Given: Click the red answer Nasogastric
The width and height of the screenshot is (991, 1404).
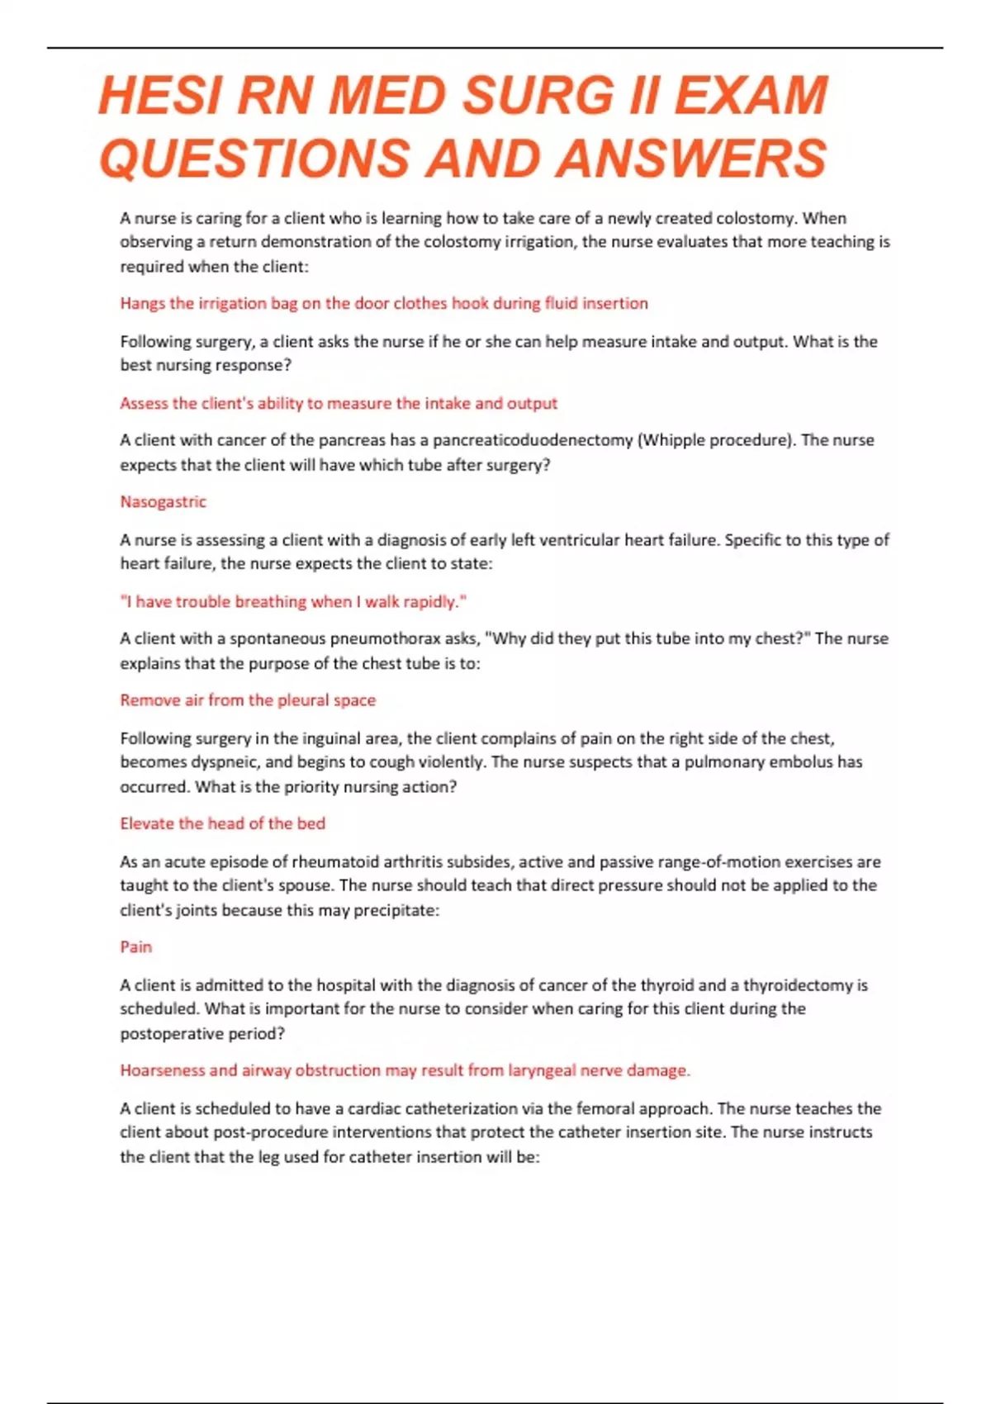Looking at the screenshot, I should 163,501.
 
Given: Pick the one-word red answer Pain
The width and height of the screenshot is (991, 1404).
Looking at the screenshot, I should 135,946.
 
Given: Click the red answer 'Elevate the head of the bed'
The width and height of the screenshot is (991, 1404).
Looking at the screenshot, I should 222,823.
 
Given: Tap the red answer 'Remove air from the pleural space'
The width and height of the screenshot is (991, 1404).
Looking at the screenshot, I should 248,700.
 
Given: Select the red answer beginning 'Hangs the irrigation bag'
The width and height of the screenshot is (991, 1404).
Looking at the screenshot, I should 384,303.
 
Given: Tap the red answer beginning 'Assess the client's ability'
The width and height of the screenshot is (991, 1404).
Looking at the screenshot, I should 339,403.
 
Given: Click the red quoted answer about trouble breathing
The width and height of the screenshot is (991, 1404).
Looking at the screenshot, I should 293,601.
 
